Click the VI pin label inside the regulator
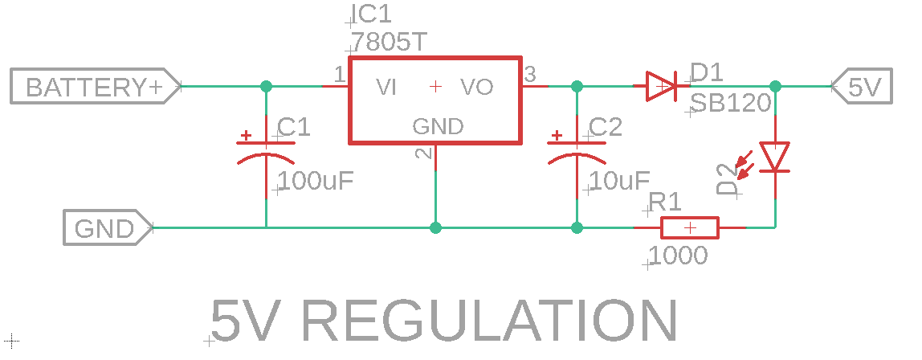(387, 87)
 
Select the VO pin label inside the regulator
(476, 87)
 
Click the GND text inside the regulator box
(438, 126)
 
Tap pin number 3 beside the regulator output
(530, 75)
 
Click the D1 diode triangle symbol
(664, 86)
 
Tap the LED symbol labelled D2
(775, 157)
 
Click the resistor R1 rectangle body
(689, 228)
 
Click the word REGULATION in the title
(490, 321)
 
